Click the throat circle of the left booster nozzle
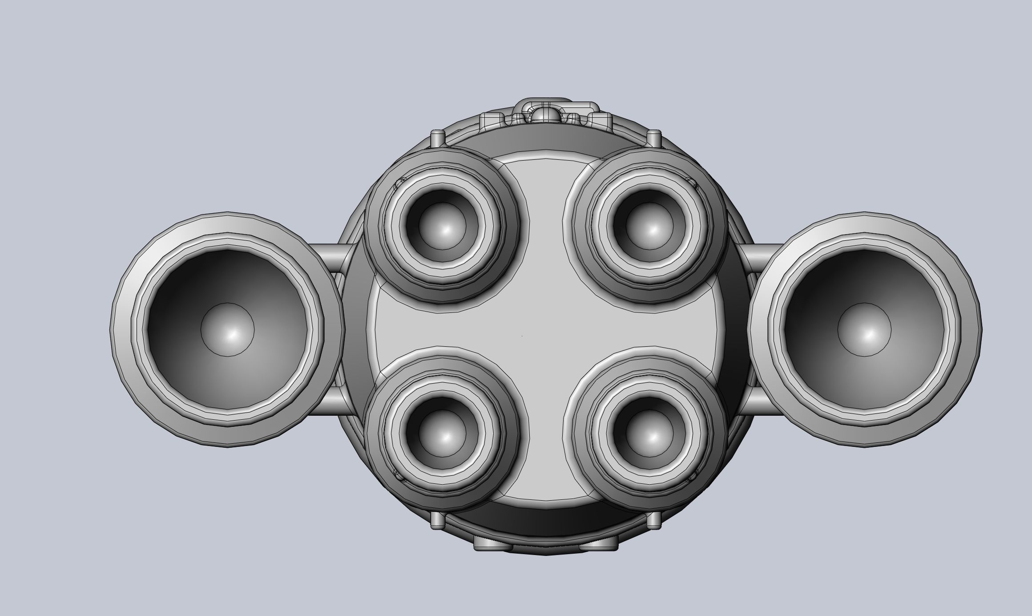(227, 329)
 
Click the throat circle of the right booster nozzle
(864, 329)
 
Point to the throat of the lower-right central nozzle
(649, 434)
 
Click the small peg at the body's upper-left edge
(439, 138)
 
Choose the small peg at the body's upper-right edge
(653, 138)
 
